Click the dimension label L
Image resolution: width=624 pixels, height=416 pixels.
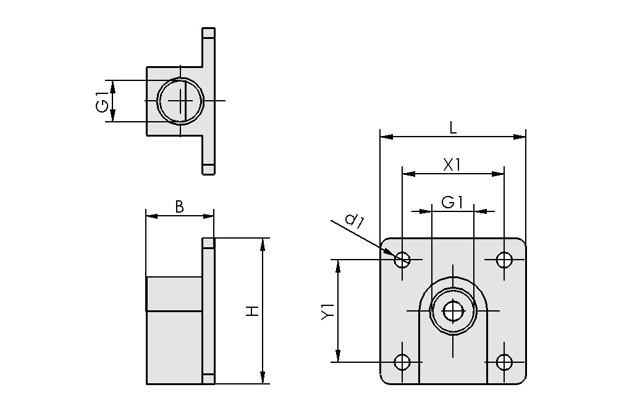tap(452, 128)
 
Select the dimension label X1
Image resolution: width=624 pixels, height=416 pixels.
tap(452, 164)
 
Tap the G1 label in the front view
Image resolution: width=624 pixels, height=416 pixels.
tap(452, 202)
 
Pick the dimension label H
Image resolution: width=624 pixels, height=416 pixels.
tap(252, 311)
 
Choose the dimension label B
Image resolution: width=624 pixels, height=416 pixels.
tap(179, 207)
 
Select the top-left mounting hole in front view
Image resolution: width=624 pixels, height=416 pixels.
tap(402, 259)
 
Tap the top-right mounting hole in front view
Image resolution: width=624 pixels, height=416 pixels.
tap(504, 259)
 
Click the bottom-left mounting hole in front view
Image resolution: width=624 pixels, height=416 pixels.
tap(402, 362)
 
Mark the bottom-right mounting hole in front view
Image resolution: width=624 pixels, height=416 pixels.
tap(504, 362)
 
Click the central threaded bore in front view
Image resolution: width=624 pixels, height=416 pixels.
tap(453, 310)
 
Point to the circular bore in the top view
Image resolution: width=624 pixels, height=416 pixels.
tap(180, 100)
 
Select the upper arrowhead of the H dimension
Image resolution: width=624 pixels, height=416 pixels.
tap(263, 244)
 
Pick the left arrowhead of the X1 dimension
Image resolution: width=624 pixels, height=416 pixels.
tap(408, 174)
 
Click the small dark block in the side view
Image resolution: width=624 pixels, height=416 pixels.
tap(174, 294)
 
